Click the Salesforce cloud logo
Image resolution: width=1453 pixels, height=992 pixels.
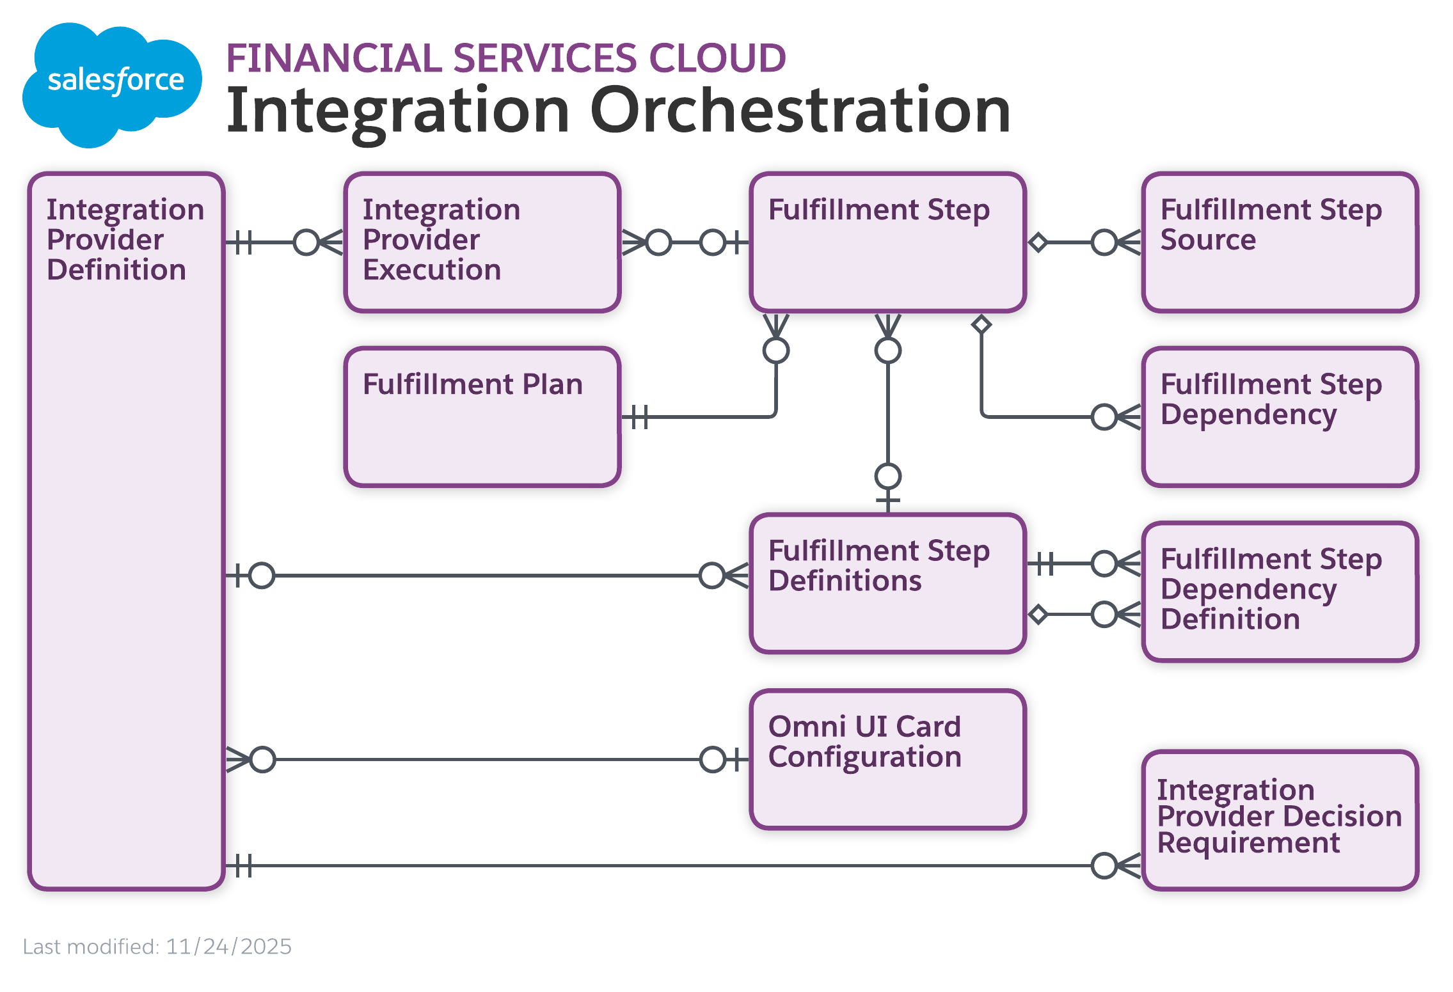[x=112, y=83]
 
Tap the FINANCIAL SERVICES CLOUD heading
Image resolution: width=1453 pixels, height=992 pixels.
[x=505, y=58]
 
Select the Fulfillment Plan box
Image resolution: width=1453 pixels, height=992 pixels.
[x=482, y=435]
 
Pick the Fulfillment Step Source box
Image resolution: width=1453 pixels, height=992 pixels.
[x=1280, y=269]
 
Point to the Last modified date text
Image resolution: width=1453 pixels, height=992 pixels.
[x=157, y=946]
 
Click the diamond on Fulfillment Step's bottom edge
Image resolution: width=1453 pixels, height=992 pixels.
[x=981, y=324]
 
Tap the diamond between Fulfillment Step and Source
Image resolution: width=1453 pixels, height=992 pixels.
[x=1038, y=242]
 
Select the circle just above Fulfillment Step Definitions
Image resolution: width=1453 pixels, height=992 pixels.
[x=887, y=476]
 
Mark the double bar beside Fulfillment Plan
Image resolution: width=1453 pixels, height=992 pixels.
[x=639, y=417]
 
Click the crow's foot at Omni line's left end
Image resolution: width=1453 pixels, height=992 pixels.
[x=237, y=759]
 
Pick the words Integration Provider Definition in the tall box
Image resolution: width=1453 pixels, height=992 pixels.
[x=125, y=239]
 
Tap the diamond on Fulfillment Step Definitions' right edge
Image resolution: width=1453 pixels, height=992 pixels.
[x=1038, y=615]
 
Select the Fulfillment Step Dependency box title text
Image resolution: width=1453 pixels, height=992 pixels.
[x=1270, y=399]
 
